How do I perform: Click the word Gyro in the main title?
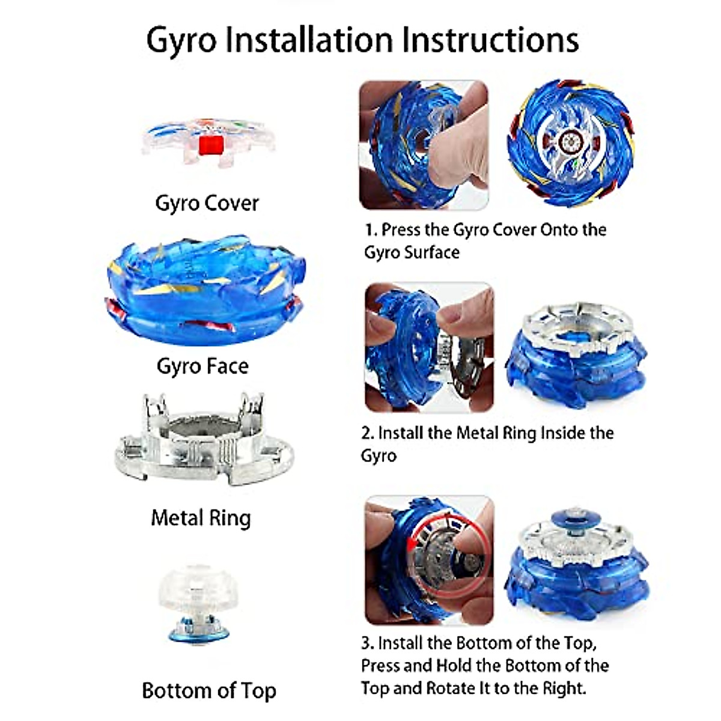(x=181, y=41)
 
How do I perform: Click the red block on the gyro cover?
(x=211, y=145)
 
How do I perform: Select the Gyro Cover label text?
(x=207, y=203)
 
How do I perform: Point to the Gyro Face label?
(x=202, y=366)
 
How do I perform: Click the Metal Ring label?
(x=201, y=518)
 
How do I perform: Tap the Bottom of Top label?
(x=209, y=690)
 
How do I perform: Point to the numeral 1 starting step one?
(x=370, y=230)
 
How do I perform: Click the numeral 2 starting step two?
(x=367, y=433)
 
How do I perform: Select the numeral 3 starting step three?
(x=367, y=643)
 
